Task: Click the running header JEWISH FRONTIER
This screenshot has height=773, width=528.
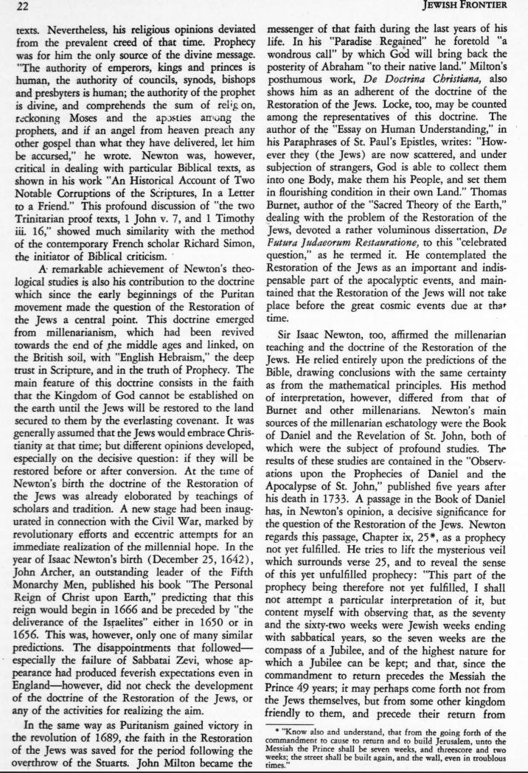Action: pyautogui.click(x=481, y=7)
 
